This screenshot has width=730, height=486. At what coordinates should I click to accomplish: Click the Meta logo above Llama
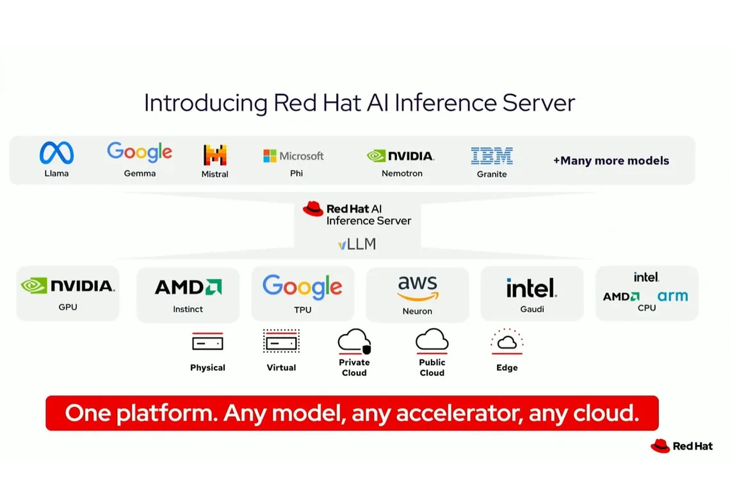pos(56,153)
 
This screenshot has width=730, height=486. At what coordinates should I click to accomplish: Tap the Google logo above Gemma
pos(140,152)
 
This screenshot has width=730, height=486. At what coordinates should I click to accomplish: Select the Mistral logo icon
pos(215,155)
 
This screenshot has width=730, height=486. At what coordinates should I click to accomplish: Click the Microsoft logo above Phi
pos(293,156)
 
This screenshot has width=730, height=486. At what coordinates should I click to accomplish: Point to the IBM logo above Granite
pos(492,155)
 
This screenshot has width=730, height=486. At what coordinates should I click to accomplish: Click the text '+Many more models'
pos(611,161)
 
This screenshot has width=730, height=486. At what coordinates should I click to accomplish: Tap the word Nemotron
pos(401,173)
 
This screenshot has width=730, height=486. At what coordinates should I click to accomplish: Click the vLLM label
pos(357,244)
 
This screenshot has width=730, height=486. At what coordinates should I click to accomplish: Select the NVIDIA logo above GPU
pos(67,285)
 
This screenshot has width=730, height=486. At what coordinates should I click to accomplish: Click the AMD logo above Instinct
pos(188,287)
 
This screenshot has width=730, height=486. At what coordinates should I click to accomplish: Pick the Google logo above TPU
pos(302,287)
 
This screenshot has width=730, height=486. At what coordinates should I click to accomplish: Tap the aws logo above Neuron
pos(418,288)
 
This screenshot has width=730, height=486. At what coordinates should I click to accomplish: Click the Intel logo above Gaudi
pos(531,288)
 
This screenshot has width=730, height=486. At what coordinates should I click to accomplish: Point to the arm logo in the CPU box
pos(672,296)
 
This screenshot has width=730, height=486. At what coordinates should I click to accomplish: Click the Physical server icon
pos(207,343)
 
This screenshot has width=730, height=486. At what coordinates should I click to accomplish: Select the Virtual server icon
pos(281,341)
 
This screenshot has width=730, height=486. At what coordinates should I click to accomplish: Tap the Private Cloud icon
pos(354,341)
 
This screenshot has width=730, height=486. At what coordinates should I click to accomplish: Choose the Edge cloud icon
pos(507,342)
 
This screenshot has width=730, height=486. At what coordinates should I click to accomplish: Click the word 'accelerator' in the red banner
pos(459,413)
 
